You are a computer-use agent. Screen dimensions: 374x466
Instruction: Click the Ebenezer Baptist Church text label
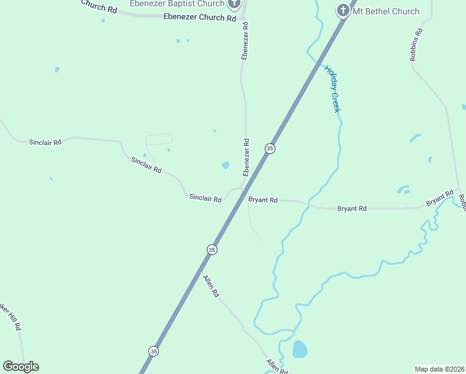click(x=177, y=4)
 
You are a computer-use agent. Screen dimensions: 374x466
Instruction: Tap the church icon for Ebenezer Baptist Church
click(x=234, y=4)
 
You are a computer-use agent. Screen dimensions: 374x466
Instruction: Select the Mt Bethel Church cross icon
click(x=343, y=11)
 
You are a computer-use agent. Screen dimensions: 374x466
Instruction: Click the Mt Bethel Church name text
click(x=386, y=11)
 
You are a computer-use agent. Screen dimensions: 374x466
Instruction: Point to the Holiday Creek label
click(x=333, y=89)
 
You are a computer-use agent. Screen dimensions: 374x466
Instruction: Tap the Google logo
click(x=21, y=367)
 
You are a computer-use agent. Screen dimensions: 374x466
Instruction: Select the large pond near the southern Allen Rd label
click(x=300, y=349)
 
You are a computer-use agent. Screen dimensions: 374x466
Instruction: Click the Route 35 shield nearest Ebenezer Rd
click(x=270, y=148)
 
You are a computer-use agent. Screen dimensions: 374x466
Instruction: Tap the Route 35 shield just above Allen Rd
click(x=212, y=249)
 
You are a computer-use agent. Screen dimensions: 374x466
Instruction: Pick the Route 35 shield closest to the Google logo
click(x=153, y=352)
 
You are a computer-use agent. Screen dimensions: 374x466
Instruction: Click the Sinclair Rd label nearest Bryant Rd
click(x=206, y=199)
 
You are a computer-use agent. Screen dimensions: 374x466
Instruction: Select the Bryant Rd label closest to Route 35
click(x=263, y=200)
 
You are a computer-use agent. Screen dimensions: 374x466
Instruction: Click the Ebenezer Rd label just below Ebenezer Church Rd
click(x=245, y=41)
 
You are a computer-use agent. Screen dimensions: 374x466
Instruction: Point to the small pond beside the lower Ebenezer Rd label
click(x=225, y=165)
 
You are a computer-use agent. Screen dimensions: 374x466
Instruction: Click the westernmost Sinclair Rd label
click(x=45, y=142)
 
